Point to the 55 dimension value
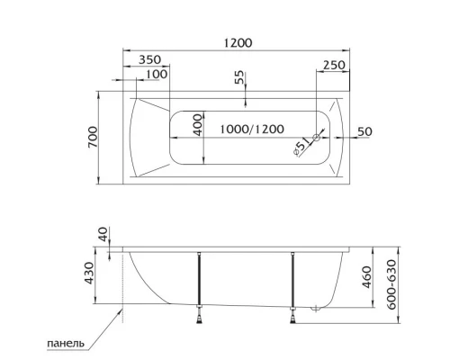[240, 79]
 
